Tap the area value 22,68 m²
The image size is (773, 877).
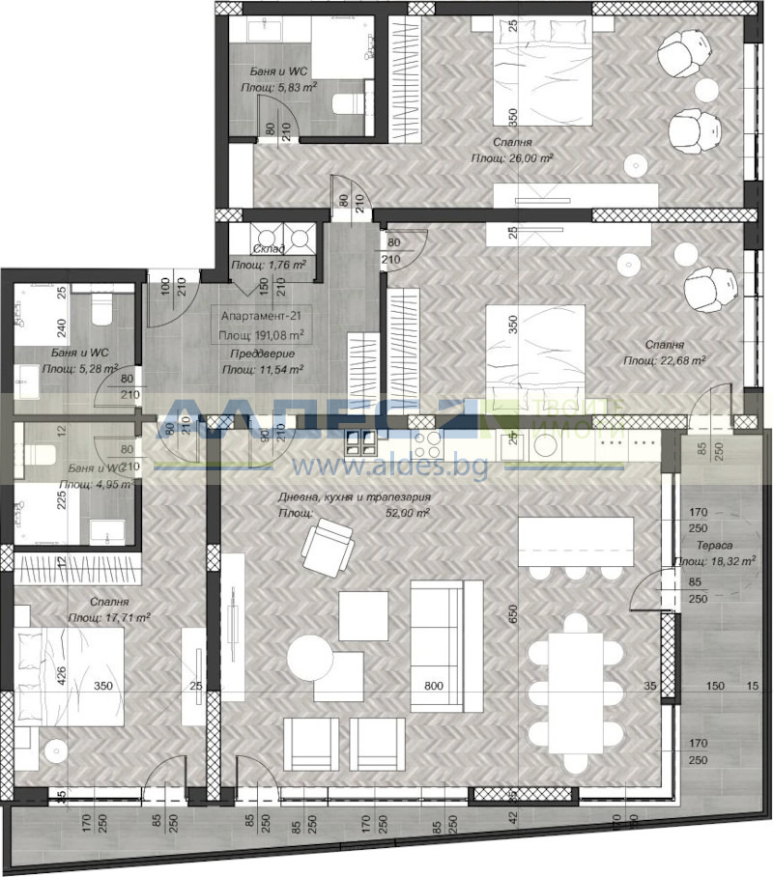point(665,360)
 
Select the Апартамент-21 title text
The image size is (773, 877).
point(262,316)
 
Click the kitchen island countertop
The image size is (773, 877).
point(565,543)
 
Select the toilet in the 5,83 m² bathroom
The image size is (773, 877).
point(349,103)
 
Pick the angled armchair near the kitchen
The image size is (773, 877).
point(328,546)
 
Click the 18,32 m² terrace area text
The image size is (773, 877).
point(714,560)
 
